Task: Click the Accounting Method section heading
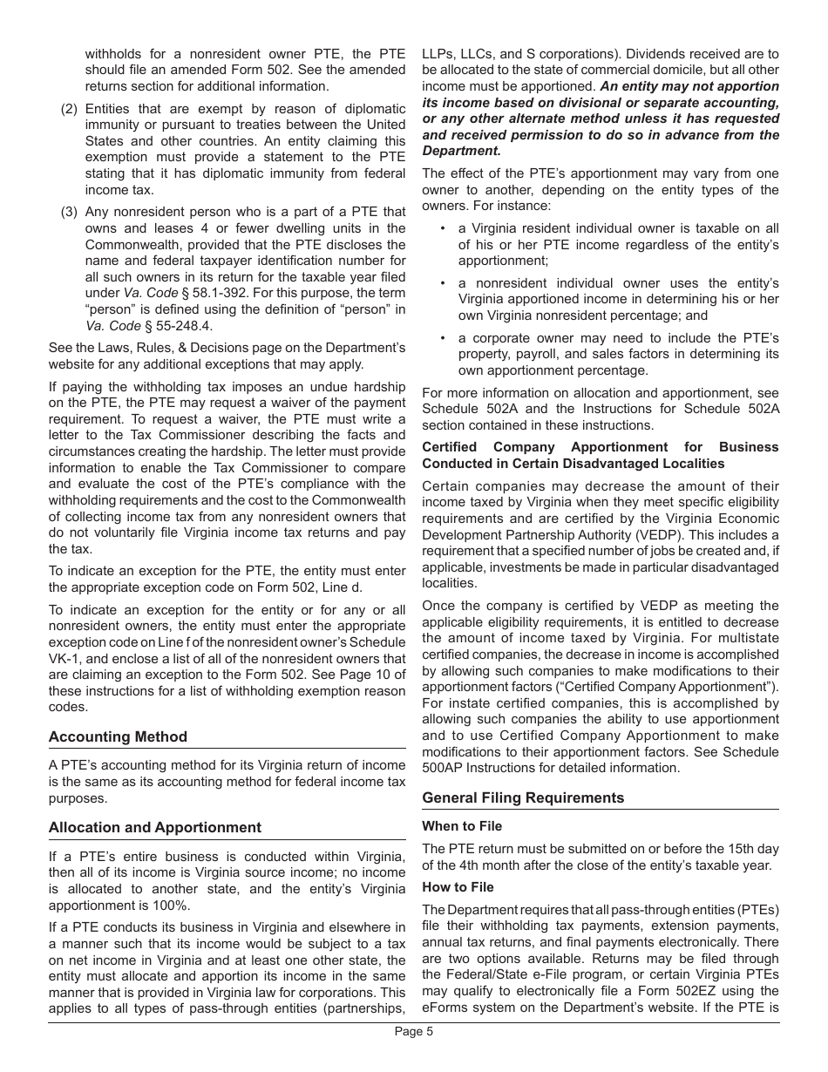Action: (x=118, y=736)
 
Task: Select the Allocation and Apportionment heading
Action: (x=154, y=827)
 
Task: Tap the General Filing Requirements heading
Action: (x=523, y=797)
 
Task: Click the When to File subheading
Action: (x=462, y=826)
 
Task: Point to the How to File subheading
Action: (x=458, y=887)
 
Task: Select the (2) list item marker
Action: (x=69, y=109)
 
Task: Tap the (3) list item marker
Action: (x=69, y=212)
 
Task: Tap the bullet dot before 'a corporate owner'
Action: (x=443, y=338)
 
